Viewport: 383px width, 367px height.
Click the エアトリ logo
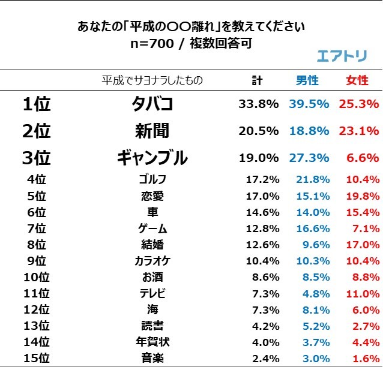click(x=342, y=56)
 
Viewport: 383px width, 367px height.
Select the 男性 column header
click(x=307, y=80)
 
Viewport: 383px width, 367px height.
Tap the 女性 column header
click(x=358, y=80)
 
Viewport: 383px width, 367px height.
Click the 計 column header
click(x=258, y=80)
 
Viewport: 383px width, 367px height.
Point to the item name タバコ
click(x=152, y=104)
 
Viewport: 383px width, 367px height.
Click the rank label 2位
click(x=37, y=131)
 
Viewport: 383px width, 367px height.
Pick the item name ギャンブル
click(x=152, y=158)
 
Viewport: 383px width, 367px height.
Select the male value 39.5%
click(x=309, y=104)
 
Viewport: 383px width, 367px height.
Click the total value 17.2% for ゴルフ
click(x=262, y=179)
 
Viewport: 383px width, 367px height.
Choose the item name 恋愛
click(x=152, y=195)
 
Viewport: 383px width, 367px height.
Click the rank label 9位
click(x=37, y=261)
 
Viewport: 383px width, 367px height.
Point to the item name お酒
click(x=152, y=278)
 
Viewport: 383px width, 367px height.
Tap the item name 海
click(x=152, y=310)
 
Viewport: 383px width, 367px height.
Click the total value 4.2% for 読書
click(x=265, y=326)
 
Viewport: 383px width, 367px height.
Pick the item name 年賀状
click(x=152, y=342)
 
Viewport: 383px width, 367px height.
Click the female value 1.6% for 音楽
click(x=366, y=359)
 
